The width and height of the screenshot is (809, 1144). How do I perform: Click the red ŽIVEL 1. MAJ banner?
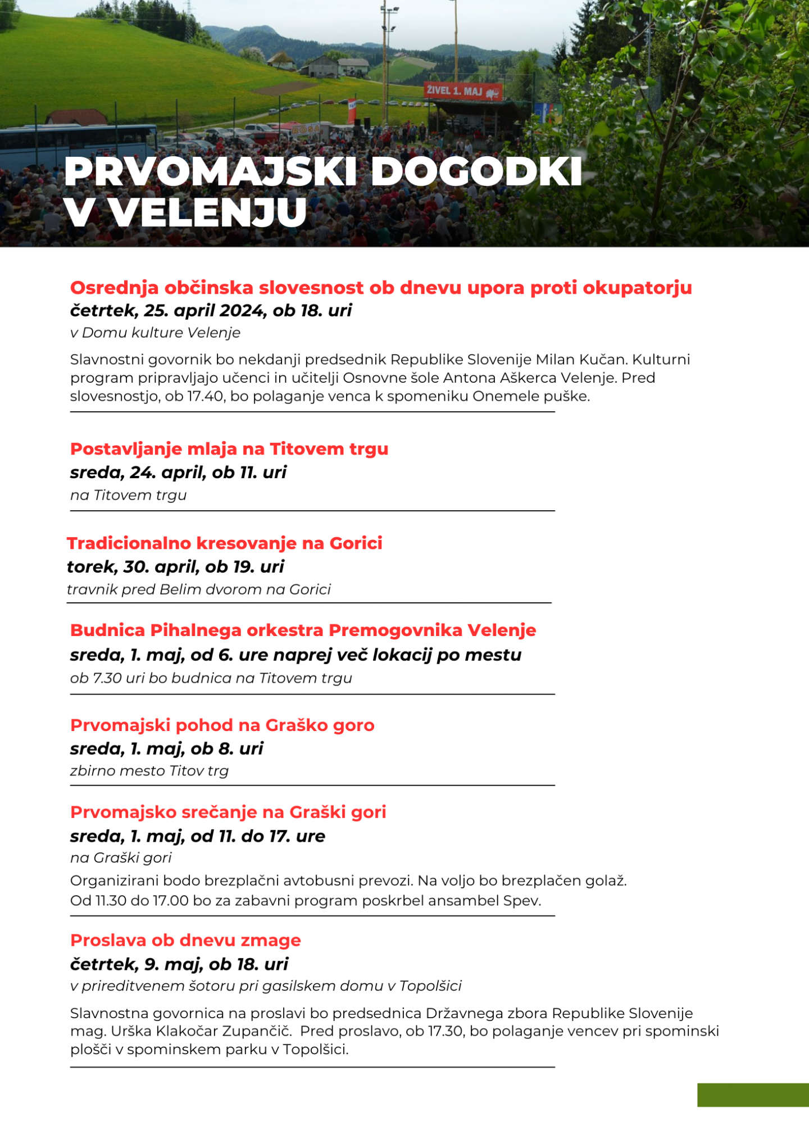[x=463, y=91]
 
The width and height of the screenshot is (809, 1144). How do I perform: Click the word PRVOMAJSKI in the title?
[x=210, y=171]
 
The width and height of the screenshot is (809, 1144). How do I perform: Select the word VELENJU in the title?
[x=208, y=212]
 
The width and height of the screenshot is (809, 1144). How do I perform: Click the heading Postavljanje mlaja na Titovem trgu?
[x=229, y=449]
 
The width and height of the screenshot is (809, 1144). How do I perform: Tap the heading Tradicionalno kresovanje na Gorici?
[x=224, y=543]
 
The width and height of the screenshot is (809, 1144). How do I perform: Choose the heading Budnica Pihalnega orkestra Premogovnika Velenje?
[x=303, y=630]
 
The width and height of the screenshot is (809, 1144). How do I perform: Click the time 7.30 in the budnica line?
[x=107, y=678]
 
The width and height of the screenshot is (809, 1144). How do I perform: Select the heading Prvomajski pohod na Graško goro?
[x=222, y=725]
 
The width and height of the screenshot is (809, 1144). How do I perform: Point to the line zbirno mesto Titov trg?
[x=149, y=771]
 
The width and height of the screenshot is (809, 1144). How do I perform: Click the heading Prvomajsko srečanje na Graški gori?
[x=228, y=812]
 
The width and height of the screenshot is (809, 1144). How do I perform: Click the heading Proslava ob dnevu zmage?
[x=185, y=941]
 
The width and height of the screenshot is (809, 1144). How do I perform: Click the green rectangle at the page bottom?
[x=753, y=1095]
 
